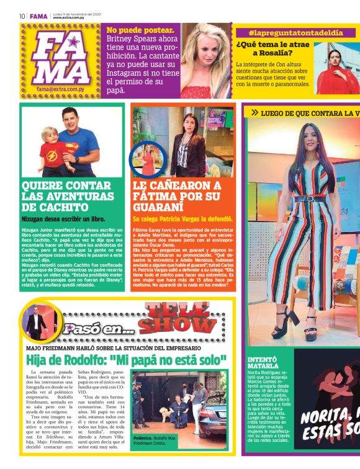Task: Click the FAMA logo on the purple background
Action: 60,58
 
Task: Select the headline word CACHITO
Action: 54,207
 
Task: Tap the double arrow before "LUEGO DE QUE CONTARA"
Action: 254,113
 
